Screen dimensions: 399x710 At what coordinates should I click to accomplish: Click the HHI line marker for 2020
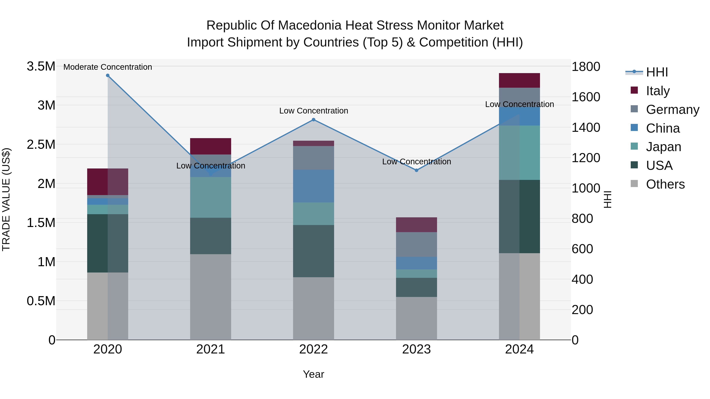click(x=108, y=75)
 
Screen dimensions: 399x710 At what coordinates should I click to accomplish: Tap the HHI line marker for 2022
click(x=313, y=120)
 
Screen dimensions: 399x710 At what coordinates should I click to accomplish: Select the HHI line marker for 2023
click(x=417, y=170)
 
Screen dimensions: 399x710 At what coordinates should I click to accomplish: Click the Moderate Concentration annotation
click(x=108, y=67)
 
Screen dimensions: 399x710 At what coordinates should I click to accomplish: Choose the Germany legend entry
click(x=672, y=110)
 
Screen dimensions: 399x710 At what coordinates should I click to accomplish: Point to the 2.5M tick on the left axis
click(x=41, y=145)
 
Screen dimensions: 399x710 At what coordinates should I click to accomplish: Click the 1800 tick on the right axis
click(x=586, y=67)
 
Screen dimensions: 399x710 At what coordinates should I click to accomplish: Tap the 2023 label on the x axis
click(x=417, y=349)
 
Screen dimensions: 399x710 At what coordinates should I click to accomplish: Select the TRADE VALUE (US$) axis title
click(x=6, y=200)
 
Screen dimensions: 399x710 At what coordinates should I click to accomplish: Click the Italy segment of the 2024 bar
click(x=519, y=80)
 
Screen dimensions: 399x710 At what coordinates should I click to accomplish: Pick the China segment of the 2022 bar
click(x=313, y=186)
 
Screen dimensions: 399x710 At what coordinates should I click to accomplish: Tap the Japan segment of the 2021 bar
click(x=211, y=197)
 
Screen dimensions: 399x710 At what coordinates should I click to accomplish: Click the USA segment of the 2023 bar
click(x=417, y=287)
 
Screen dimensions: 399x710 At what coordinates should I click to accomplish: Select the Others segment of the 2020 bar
click(x=107, y=306)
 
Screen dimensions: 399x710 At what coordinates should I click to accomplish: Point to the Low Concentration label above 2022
click(x=314, y=111)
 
